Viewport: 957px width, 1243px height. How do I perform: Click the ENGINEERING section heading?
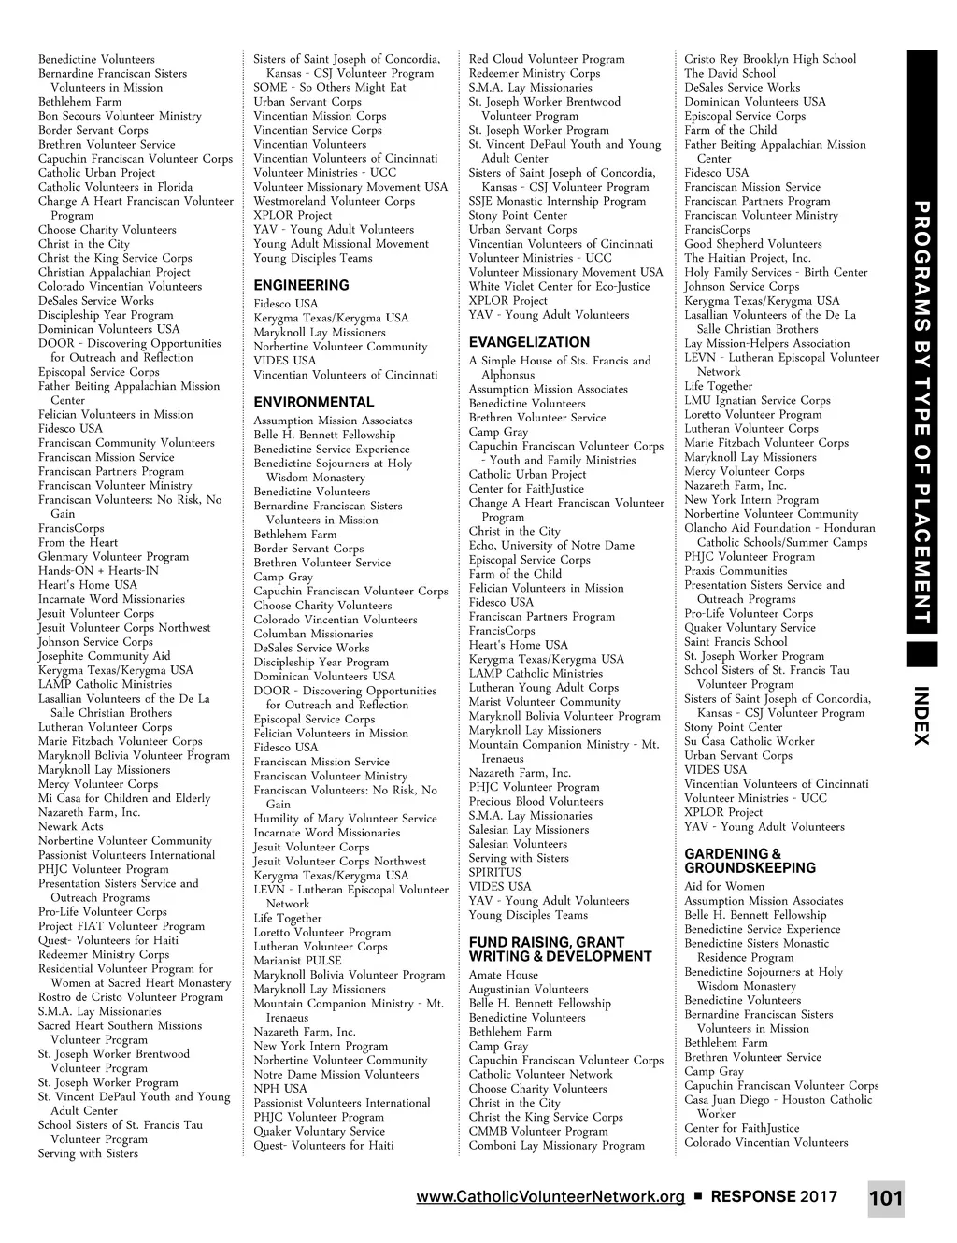tap(301, 285)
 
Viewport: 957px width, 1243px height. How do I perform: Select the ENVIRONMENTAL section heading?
tap(313, 402)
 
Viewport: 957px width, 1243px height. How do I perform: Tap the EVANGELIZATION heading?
tap(529, 342)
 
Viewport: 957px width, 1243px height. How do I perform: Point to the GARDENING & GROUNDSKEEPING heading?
tap(750, 861)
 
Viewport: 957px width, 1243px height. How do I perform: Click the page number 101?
tap(885, 1199)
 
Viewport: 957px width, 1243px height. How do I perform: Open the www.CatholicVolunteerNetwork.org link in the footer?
tap(550, 1197)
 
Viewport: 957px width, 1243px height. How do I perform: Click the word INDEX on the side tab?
tap(921, 716)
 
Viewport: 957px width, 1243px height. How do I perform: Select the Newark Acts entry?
tap(71, 826)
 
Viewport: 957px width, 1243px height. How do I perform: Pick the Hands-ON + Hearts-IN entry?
tap(98, 571)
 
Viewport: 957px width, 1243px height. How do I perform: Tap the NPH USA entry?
tap(280, 1089)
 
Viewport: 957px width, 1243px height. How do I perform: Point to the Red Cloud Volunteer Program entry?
tap(547, 59)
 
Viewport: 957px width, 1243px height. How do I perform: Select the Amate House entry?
tap(504, 975)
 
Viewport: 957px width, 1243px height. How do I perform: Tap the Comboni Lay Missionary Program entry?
tap(557, 1146)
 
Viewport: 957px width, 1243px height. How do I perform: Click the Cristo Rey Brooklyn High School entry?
tap(770, 59)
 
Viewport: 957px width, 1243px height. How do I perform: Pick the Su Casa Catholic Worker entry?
tap(736, 741)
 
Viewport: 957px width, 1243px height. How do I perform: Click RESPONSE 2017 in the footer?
tap(774, 1197)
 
